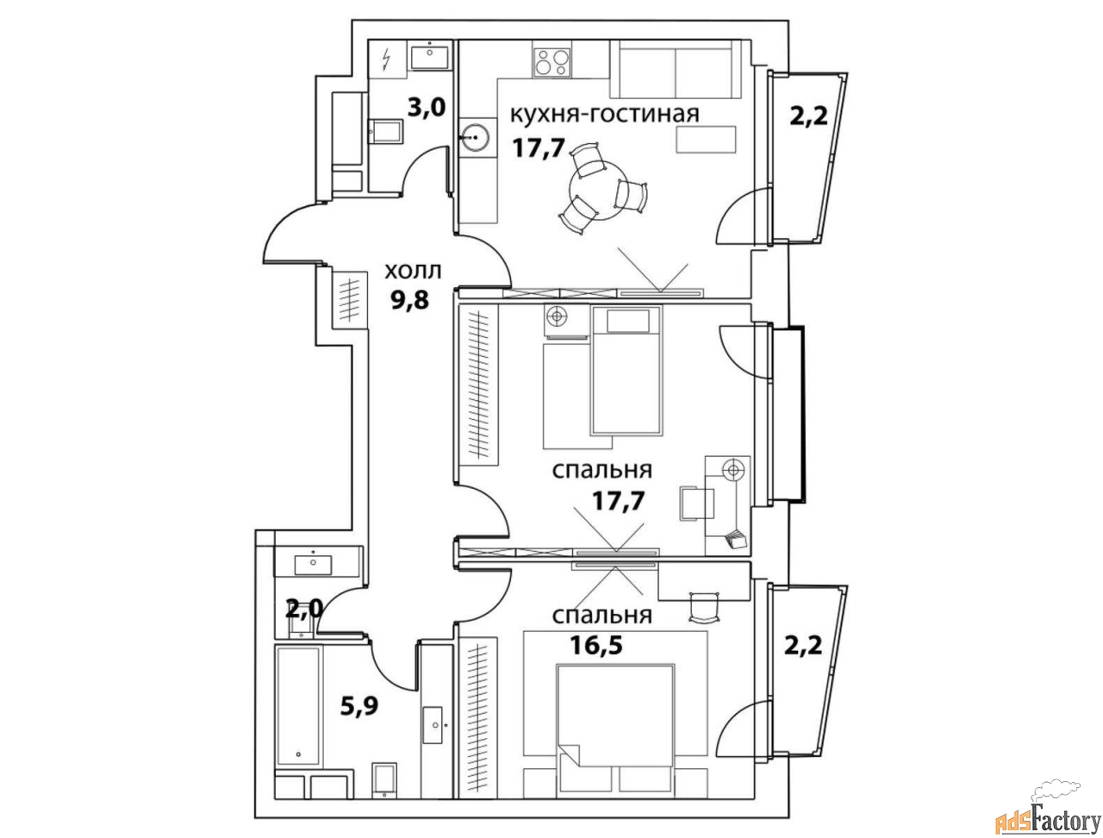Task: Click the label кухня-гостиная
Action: coord(605,115)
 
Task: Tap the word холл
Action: coord(413,272)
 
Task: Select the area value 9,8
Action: coord(409,300)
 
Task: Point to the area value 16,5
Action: coord(596,645)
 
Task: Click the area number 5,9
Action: coord(359,707)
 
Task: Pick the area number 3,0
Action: coord(427,108)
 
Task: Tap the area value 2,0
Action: coord(304,610)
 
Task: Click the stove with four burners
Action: coord(552,62)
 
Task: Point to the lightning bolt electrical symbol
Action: coord(386,59)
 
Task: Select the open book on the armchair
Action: coord(736,540)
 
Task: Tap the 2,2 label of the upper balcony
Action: coord(808,117)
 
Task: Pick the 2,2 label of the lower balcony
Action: coord(803,645)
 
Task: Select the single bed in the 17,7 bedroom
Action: coord(626,370)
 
